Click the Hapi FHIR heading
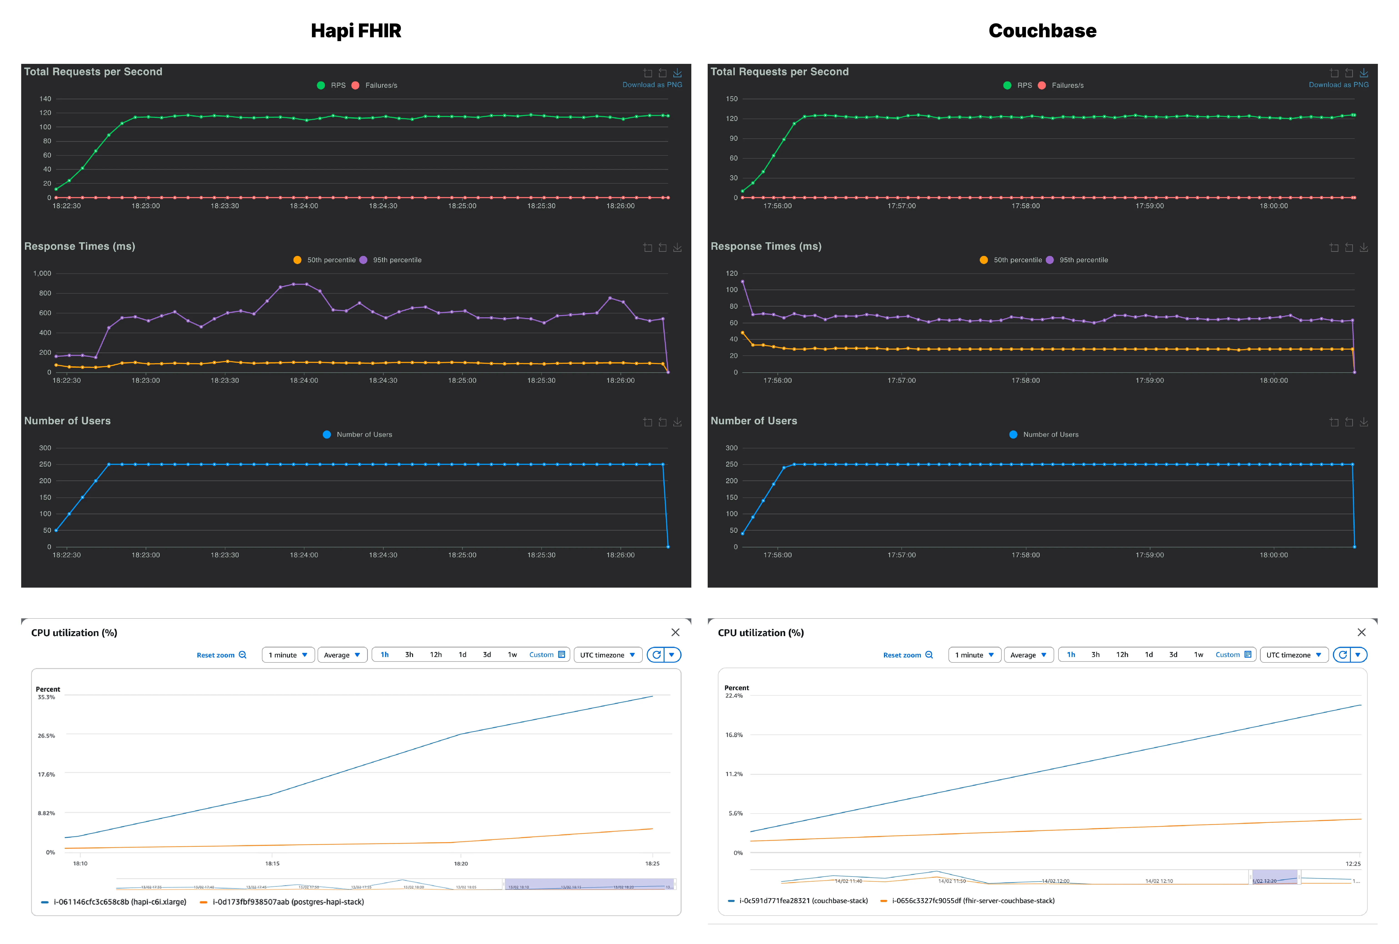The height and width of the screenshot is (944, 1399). point(356,31)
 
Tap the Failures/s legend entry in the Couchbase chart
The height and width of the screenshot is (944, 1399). point(1067,85)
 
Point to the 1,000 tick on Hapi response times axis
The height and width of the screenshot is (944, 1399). point(42,273)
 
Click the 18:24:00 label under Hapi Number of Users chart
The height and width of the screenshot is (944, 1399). point(304,555)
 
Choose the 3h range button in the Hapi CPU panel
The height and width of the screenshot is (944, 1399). point(409,654)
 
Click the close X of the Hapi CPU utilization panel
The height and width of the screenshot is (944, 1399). point(675,632)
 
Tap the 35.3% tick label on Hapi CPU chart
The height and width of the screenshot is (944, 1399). point(46,697)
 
